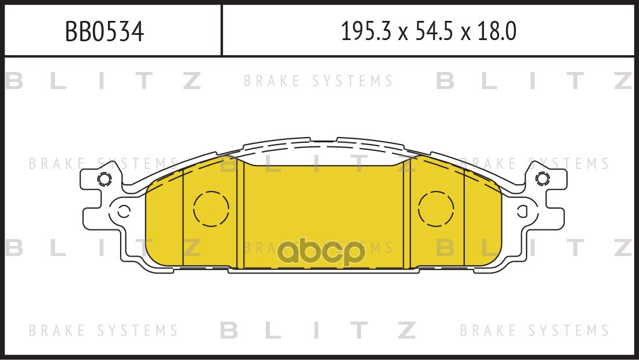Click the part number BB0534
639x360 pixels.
click(104, 32)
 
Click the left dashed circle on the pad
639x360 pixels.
click(211, 208)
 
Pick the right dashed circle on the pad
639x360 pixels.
click(436, 208)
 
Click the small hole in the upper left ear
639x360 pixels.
click(104, 179)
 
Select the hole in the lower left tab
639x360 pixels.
click(123, 211)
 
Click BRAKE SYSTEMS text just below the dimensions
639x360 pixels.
click(318, 81)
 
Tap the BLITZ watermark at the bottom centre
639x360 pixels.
click(319, 331)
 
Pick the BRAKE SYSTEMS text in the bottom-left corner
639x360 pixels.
click(103, 331)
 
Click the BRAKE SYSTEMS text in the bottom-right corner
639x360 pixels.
click(535, 331)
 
